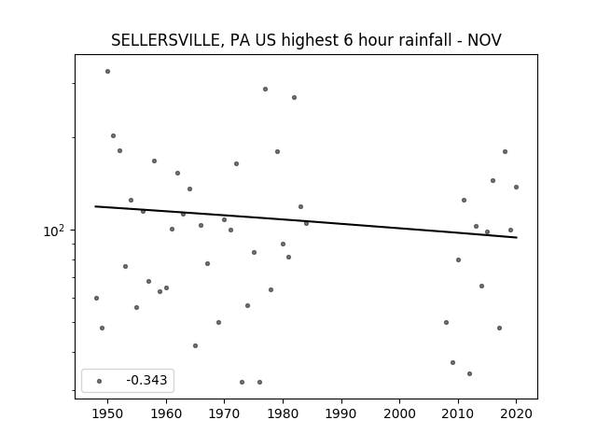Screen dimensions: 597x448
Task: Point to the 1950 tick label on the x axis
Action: (x=108, y=413)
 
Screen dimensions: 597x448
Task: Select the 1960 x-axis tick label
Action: (x=166, y=413)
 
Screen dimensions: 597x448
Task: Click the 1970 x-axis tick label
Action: (x=224, y=413)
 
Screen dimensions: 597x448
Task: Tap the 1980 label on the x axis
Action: (x=283, y=413)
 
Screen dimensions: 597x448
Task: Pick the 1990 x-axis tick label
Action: (x=341, y=413)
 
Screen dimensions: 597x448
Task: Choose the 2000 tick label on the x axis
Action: (x=400, y=413)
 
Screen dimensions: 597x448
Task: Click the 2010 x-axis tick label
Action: (x=458, y=413)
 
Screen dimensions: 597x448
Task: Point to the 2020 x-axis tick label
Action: (x=516, y=413)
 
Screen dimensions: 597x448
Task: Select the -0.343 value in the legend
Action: (x=146, y=380)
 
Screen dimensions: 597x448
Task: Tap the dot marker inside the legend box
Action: (x=100, y=381)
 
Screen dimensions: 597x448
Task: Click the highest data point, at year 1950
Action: (x=108, y=71)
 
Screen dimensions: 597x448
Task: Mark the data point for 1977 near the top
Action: (x=265, y=90)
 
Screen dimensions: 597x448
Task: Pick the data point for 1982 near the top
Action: (x=295, y=97)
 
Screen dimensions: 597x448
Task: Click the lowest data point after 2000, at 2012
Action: (x=469, y=373)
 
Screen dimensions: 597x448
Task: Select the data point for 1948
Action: (x=96, y=298)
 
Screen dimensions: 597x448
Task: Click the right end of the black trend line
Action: (x=517, y=237)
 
